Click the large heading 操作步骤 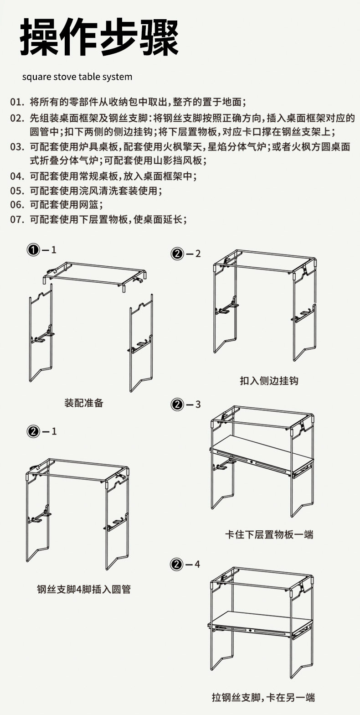99,37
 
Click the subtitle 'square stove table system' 77,77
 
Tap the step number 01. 17,101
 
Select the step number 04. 17,176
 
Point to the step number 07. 17,219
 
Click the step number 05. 17,191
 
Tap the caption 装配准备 84,403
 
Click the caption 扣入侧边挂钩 269,380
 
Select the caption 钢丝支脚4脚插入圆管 84,590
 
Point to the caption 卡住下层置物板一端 269,534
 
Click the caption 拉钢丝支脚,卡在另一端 263,697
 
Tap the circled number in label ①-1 33,250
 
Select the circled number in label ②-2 177,254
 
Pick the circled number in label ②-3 177,404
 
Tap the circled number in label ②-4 177,565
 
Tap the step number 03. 17,147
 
